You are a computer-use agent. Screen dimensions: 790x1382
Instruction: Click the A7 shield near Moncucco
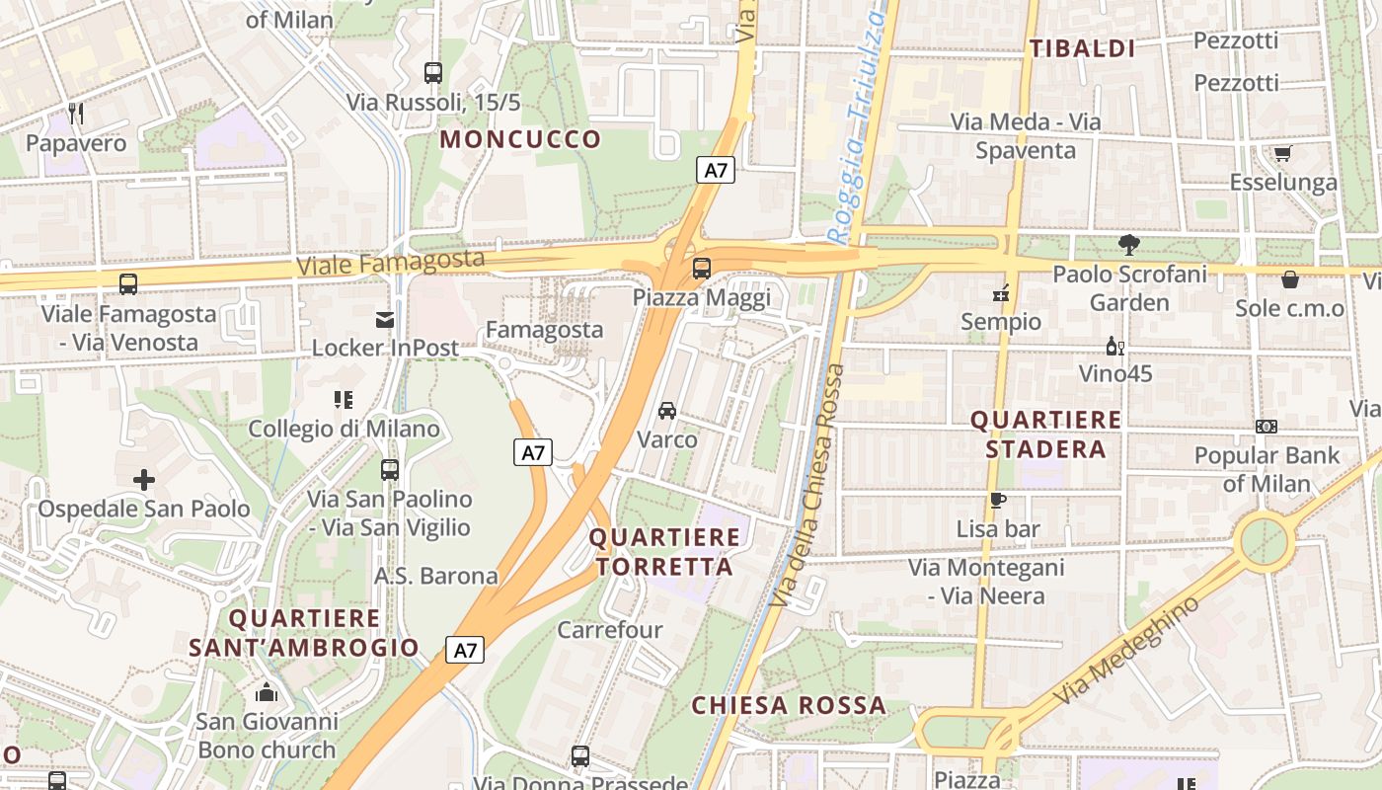click(717, 170)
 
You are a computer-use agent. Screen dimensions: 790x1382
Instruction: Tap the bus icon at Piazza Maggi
click(702, 268)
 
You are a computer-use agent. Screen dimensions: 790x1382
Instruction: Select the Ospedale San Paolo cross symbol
click(144, 480)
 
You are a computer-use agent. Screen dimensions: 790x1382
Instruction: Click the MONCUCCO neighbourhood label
click(520, 139)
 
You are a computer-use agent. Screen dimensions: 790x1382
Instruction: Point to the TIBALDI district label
click(1082, 48)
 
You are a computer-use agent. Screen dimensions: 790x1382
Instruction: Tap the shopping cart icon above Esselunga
click(1282, 153)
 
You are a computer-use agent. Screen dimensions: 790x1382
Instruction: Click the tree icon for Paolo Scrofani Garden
click(1129, 244)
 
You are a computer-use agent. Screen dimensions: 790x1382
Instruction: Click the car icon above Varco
click(667, 410)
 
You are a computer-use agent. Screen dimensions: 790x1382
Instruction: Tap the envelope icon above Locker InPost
click(385, 319)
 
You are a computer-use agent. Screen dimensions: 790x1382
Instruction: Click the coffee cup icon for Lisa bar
click(998, 500)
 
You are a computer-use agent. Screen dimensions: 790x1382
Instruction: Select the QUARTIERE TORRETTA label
click(664, 552)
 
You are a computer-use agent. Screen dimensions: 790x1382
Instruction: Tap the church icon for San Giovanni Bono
click(267, 692)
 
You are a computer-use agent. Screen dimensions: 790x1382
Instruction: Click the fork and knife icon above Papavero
click(76, 114)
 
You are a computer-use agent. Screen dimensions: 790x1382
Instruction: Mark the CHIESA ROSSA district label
click(788, 705)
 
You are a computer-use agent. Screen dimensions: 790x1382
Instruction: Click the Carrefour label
click(610, 629)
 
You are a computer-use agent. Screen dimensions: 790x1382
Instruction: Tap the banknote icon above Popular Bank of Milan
click(1267, 427)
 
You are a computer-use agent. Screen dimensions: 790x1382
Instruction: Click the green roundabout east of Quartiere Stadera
click(1265, 541)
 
